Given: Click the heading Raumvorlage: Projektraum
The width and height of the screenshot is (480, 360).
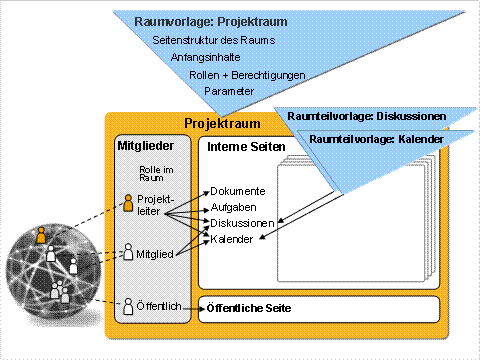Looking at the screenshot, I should tap(198, 21).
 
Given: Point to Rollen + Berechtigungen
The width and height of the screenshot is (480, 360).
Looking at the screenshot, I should tap(246, 75).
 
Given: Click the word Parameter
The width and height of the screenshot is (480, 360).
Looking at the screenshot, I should tap(229, 91).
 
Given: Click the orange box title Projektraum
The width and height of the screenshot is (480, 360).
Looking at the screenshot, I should tap(223, 124).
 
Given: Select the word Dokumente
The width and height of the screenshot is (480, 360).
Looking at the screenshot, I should tap(237, 191).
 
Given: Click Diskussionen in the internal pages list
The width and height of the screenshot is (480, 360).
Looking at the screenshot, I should tap(242, 223).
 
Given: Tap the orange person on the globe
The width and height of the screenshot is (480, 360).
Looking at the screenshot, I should tap(40, 236).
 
